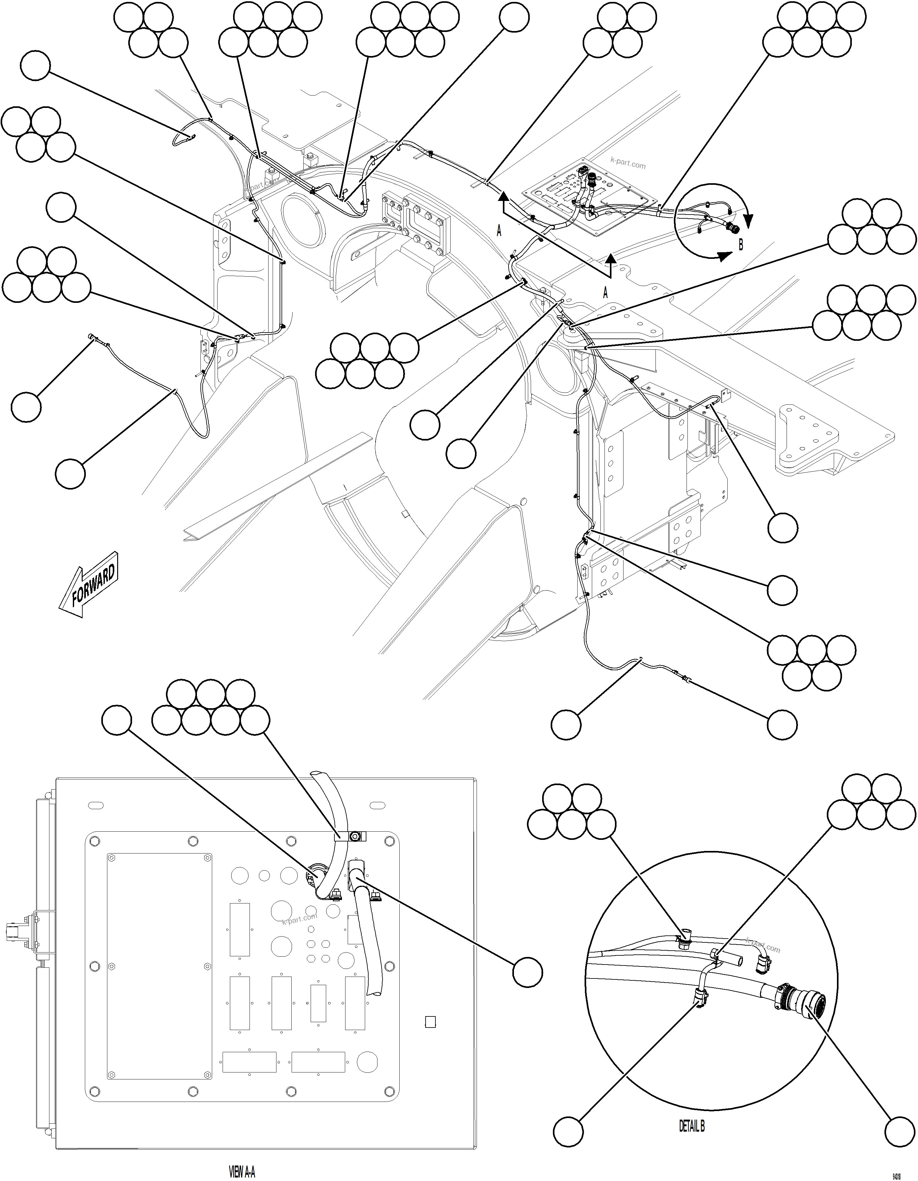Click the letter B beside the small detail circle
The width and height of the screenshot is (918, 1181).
[741, 244]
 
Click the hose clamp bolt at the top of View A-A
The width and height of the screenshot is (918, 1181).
[355, 837]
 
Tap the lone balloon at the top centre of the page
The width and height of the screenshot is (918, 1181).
[514, 17]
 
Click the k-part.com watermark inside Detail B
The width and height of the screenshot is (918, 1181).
[763, 946]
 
